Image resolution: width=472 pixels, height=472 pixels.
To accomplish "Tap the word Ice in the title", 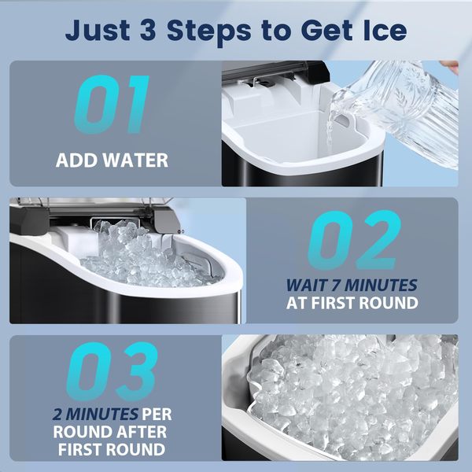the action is pyautogui.click(x=385, y=30).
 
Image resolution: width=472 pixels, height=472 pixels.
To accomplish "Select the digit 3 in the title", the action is pyautogui.click(x=148, y=30).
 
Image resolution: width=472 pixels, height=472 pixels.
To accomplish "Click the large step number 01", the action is pyautogui.click(x=112, y=104).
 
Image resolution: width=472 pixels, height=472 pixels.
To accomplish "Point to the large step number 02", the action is pyautogui.click(x=354, y=240).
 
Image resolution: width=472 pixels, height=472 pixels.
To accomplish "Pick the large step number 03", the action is pyautogui.click(x=112, y=371).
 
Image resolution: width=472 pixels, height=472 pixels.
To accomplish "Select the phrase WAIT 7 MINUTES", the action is pyautogui.click(x=352, y=285).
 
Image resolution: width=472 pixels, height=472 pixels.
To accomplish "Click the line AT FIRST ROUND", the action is pyautogui.click(x=352, y=303).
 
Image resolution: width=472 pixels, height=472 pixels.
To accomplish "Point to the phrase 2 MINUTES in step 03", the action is pyautogui.click(x=95, y=415).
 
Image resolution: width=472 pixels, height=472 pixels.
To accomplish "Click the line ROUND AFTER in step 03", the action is pyautogui.click(x=110, y=432).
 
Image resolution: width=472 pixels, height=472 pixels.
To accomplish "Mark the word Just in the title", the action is pyautogui.click(x=98, y=30).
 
